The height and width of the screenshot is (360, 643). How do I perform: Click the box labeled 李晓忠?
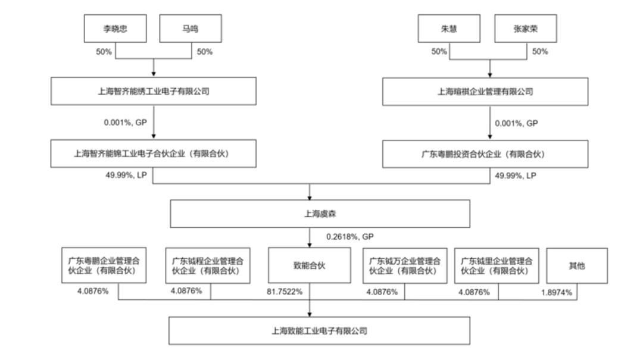click(116, 29)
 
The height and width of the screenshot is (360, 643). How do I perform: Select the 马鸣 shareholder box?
click(191, 29)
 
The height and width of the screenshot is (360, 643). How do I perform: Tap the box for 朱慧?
click(449, 29)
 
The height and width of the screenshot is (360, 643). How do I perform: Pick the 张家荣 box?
click(526, 29)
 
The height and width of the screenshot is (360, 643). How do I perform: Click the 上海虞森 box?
click(320, 214)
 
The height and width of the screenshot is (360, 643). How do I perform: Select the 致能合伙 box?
click(310, 265)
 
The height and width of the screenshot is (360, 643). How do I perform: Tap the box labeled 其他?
click(577, 266)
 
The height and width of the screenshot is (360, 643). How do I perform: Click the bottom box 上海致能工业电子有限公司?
click(320, 330)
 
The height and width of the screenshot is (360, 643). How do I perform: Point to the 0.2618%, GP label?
click(350, 237)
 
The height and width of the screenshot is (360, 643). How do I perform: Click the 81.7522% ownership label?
click(285, 292)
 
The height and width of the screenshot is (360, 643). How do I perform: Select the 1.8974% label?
click(557, 292)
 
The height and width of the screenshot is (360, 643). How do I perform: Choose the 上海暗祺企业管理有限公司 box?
click(485, 92)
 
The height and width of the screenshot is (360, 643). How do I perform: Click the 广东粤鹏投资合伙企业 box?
click(485, 154)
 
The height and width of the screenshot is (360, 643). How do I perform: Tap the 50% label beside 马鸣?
click(205, 52)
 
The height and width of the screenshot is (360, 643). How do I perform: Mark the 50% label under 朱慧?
click(439, 52)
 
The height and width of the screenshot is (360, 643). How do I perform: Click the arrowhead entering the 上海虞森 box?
click(310, 198)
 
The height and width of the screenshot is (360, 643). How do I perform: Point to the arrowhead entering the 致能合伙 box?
click(310, 245)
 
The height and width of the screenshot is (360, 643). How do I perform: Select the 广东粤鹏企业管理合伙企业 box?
click(104, 265)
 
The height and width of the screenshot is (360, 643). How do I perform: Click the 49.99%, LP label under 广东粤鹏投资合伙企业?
click(516, 176)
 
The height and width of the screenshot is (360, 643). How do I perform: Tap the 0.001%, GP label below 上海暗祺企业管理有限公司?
click(516, 123)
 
